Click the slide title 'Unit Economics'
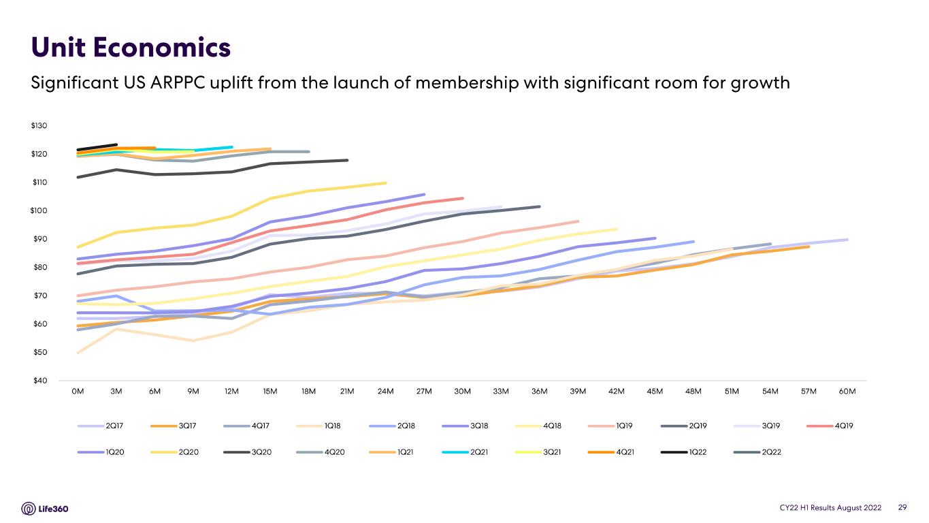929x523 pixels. point(131,47)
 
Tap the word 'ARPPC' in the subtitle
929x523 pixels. point(178,82)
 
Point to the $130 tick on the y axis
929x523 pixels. point(39,125)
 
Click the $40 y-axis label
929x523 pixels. point(40,380)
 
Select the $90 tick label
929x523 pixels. point(40,238)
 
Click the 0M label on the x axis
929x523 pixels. point(78,391)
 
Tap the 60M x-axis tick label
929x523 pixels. point(847,391)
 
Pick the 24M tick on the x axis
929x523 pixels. point(385,391)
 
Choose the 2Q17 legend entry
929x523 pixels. point(100,426)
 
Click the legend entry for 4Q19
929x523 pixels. point(830,426)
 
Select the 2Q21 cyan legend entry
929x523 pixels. point(465,452)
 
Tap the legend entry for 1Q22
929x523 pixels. point(683,452)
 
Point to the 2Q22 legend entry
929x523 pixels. point(757,452)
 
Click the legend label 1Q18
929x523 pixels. point(332,426)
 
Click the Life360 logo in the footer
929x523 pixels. point(45,509)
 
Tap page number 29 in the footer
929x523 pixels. point(902,507)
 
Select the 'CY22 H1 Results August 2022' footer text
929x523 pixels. point(830,507)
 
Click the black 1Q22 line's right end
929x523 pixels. point(116,145)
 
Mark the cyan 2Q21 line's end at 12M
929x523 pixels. point(231,147)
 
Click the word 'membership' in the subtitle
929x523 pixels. point(467,82)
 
